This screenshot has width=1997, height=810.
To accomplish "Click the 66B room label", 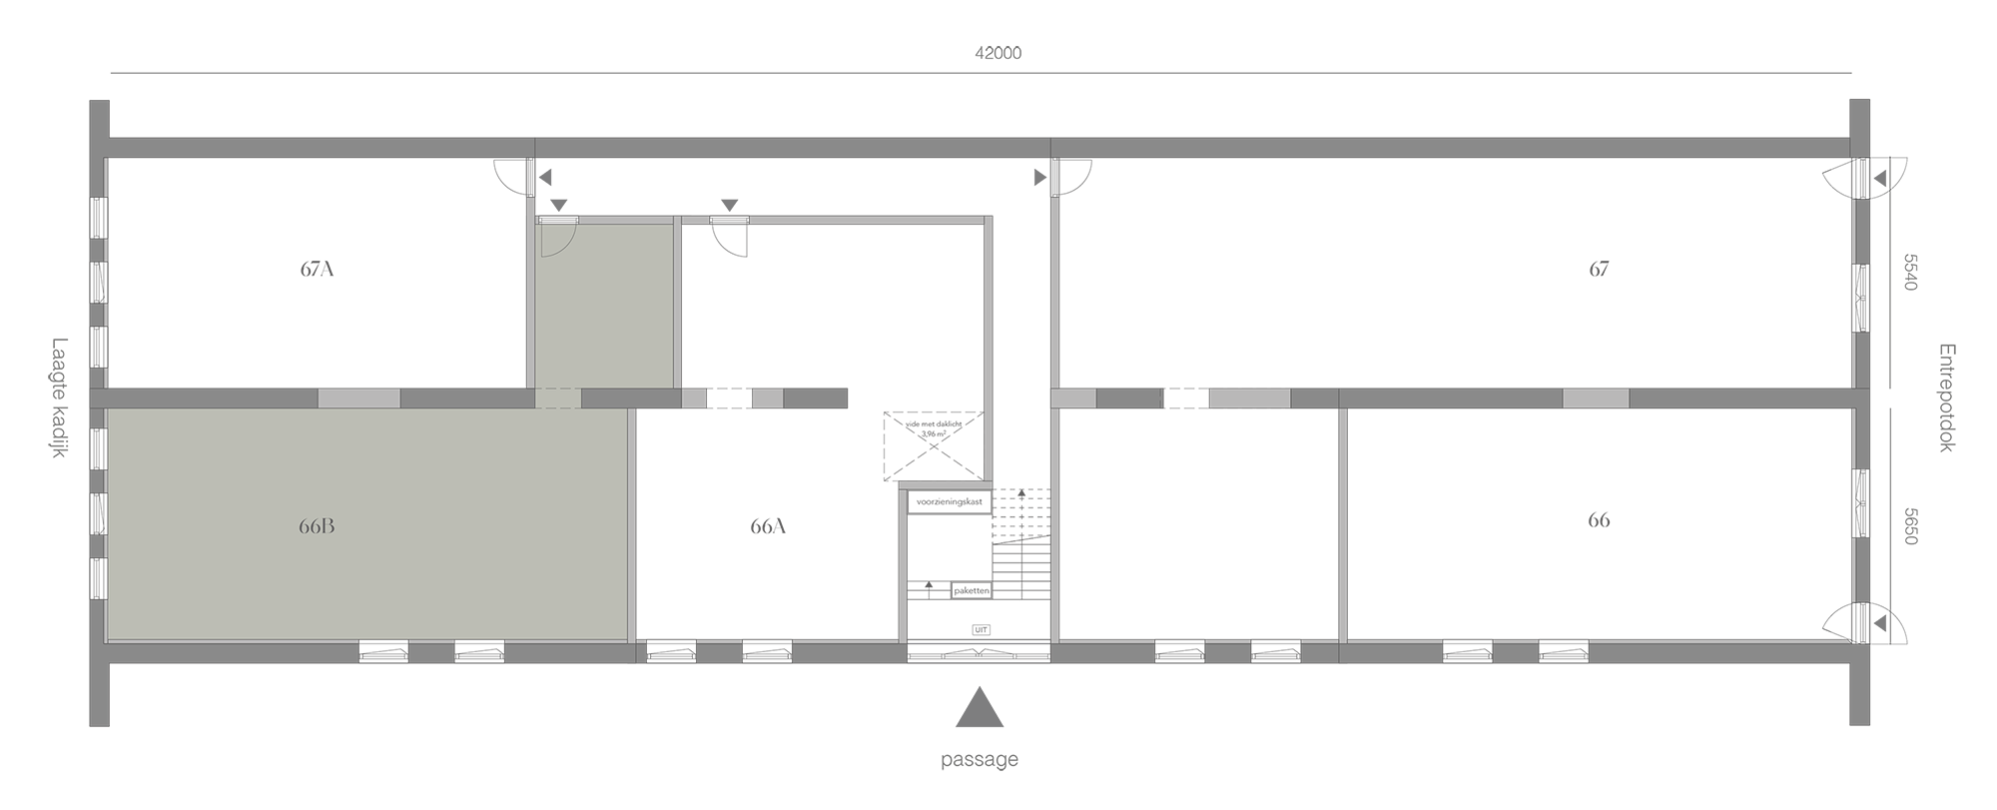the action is [316, 527].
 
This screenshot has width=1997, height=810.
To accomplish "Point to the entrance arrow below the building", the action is [984, 699].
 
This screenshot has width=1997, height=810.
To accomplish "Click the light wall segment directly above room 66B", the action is [358, 399].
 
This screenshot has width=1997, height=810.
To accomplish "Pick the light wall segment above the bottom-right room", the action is [1595, 399].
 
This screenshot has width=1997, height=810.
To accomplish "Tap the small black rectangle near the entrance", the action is [981, 630].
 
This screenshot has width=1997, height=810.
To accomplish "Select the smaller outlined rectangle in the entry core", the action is [971, 589].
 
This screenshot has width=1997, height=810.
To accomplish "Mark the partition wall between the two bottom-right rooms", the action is [1343, 524].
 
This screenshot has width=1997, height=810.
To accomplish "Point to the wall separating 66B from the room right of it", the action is [633, 524].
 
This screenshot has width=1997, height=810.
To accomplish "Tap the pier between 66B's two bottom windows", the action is [431, 653].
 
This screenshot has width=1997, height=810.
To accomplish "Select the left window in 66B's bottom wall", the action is [383, 653].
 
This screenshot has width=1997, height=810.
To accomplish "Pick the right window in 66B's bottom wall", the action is [480, 653].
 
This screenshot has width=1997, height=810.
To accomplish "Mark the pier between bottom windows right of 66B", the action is [718, 653].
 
